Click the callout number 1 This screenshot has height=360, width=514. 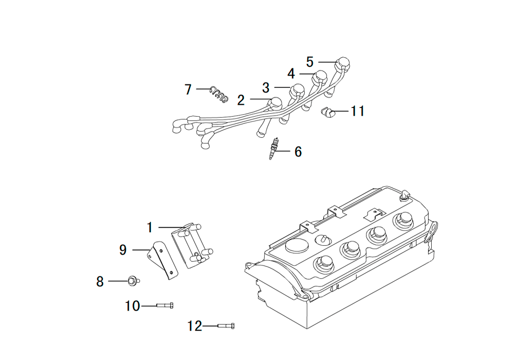click(x=150, y=227)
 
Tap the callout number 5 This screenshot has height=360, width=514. click(x=310, y=62)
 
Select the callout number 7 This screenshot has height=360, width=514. click(x=188, y=89)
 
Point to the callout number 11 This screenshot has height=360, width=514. click(x=358, y=111)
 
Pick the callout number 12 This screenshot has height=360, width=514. click(x=194, y=326)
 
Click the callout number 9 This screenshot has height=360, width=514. click(x=123, y=250)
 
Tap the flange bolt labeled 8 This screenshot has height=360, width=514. click(x=134, y=281)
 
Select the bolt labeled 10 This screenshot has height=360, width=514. click(x=164, y=305)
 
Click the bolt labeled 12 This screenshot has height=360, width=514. click(x=226, y=326)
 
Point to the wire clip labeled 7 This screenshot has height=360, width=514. click(x=219, y=94)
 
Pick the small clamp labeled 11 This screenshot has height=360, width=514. click(x=327, y=113)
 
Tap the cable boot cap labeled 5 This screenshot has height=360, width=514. click(x=343, y=64)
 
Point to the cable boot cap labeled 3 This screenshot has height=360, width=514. click(x=297, y=90)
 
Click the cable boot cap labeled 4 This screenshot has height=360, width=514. click(x=320, y=77)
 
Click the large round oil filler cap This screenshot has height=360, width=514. click(x=297, y=246)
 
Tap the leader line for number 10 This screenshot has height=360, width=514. click(x=149, y=306)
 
